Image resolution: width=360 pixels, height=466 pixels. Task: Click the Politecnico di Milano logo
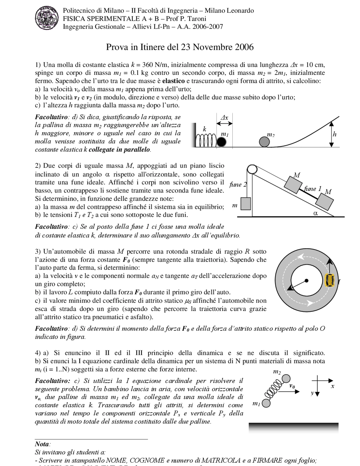coord(47,19)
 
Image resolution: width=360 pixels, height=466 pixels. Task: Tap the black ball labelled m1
coord(222,142)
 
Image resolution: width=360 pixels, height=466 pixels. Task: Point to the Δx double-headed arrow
coord(224,123)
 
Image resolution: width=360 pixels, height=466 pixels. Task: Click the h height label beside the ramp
coord(334,134)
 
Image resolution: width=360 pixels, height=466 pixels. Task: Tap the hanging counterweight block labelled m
coord(246,203)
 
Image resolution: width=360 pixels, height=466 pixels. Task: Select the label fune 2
coord(238,185)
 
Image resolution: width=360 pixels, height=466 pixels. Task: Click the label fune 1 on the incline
coord(312,189)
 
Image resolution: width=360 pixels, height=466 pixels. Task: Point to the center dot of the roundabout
coord(307,280)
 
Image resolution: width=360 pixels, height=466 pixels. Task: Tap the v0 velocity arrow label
coord(292,386)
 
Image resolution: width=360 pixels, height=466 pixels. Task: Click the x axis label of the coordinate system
coord(333,386)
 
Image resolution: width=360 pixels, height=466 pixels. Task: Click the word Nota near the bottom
coord(42,444)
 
